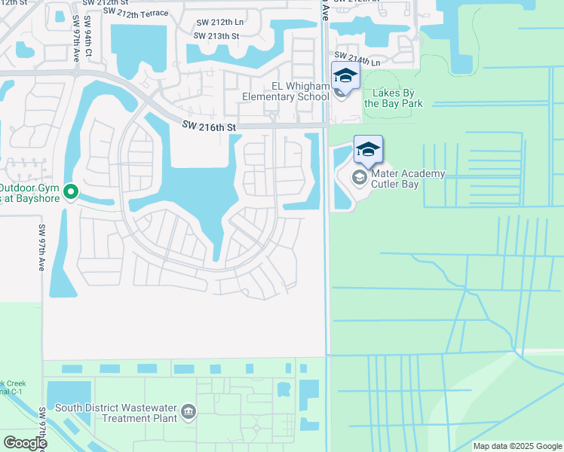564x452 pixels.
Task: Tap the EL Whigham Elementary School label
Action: click(x=286, y=91)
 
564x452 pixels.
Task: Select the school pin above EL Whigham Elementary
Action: click(x=345, y=76)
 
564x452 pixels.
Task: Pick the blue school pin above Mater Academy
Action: click(x=368, y=150)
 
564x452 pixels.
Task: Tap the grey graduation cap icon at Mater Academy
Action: click(x=359, y=177)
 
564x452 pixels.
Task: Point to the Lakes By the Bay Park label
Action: click(x=394, y=98)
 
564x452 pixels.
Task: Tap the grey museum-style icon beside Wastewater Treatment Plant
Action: click(x=189, y=412)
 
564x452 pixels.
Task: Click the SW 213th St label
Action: click(x=216, y=35)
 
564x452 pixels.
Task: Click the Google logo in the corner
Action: click(x=25, y=443)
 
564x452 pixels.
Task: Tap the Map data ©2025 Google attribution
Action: click(x=516, y=446)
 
